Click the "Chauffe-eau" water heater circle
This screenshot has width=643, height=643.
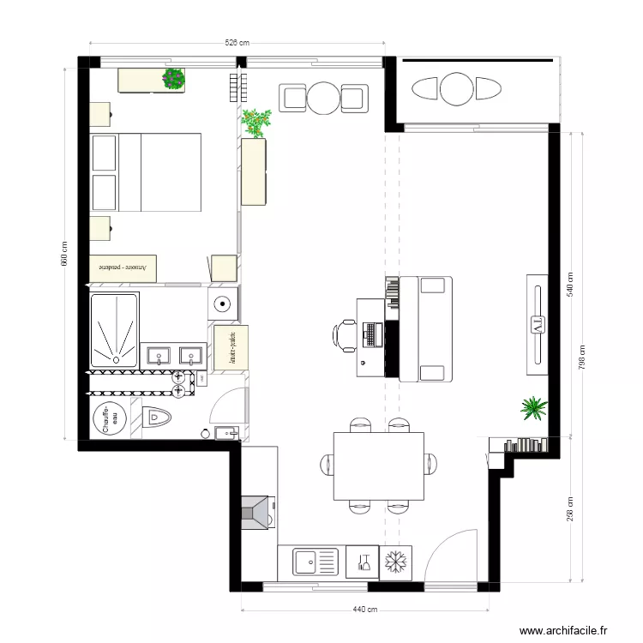111,419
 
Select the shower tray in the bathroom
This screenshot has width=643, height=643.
115,332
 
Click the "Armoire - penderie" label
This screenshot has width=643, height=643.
123,267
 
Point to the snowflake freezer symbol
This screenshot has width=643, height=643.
395,562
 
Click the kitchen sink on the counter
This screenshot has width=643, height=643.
315,562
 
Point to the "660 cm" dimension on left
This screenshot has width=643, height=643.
64,254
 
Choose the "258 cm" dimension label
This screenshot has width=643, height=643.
569,509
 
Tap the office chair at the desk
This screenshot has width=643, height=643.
346,334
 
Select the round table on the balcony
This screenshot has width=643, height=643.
457,88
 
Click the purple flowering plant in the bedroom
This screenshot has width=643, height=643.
174,79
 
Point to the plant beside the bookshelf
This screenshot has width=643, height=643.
533,408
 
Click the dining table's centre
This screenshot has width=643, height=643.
378,466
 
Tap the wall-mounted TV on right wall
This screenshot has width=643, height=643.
538,324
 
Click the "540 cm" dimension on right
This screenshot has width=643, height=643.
569,284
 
